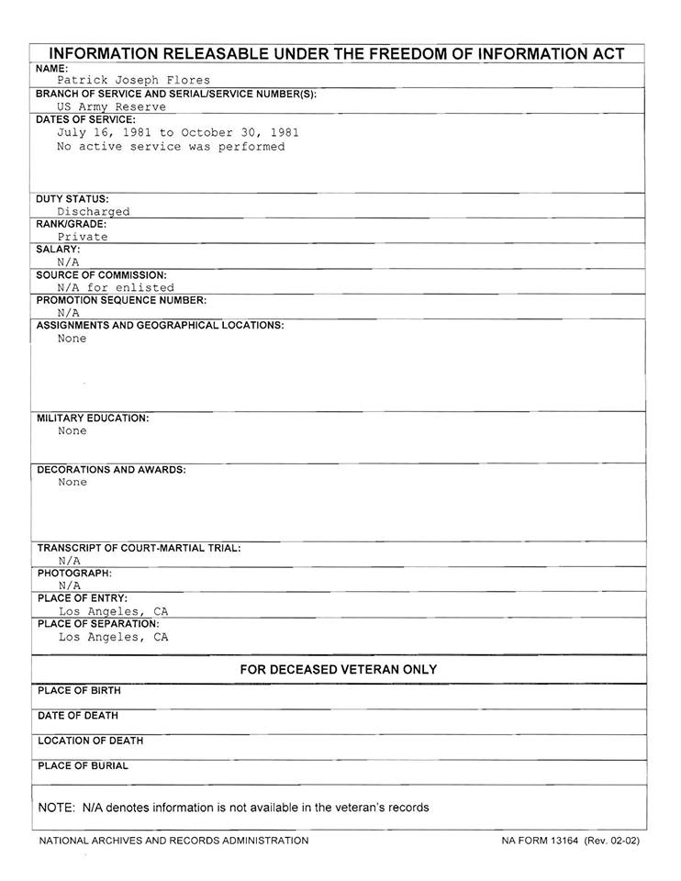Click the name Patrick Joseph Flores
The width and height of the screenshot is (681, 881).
(x=133, y=81)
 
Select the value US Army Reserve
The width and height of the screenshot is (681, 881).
(x=111, y=106)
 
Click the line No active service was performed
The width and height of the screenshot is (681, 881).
(x=171, y=147)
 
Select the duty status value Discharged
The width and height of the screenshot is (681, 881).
(x=94, y=211)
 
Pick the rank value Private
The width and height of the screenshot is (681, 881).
(x=83, y=237)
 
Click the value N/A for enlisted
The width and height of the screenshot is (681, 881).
(x=116, y=287)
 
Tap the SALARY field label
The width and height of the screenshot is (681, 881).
(x=58, y=249)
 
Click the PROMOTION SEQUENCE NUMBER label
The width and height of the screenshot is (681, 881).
(x=121, y=300)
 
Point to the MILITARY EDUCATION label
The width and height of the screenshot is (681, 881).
(x=93, y=418)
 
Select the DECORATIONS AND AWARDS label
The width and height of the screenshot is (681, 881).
(x=111, y=470)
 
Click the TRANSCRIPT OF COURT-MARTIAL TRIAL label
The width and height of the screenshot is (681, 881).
(x=139, y=548)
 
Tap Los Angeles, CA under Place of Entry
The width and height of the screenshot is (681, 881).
(x=114, y=611)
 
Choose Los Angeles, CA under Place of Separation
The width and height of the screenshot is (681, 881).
(x=114, y=637)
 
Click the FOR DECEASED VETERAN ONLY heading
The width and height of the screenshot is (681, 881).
(x=339, y=670)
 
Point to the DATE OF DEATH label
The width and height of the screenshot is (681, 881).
(x=78, y=716)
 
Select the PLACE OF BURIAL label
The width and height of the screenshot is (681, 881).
(x=83, y=766)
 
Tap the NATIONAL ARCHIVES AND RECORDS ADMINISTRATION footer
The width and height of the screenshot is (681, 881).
(x=173, y=841)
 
